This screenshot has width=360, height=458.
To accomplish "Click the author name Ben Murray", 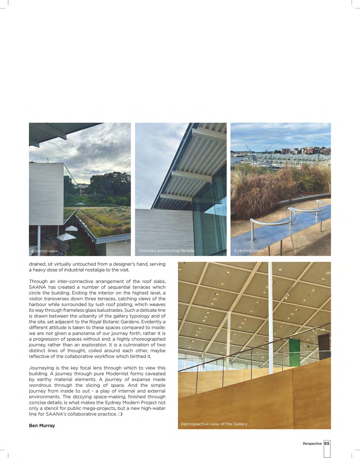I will point(42,426).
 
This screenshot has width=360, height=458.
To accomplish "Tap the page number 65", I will point(327,443).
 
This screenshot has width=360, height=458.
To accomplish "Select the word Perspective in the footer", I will point(312,444).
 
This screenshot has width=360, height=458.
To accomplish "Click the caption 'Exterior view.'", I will point(45,251).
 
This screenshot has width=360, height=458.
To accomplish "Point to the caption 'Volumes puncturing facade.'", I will point(167,251).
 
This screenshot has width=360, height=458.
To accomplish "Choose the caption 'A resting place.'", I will point(249,251).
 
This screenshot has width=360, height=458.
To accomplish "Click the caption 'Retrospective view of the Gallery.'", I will point(215,424).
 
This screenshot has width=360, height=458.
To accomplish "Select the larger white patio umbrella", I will point(66,237).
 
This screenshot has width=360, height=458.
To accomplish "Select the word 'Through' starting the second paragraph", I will point(38,281).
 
